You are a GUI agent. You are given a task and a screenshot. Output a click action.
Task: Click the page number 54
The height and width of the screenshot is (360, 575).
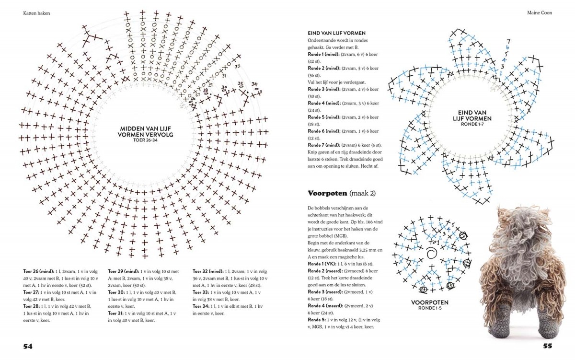pyautogui.click(x=27, y=346)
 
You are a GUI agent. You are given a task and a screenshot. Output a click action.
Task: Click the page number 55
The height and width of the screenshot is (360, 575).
pyautogui.click(x=548, y=346)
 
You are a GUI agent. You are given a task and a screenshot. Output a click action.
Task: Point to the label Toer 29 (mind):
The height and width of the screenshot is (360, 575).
pyautogui.click(x=124, y=270)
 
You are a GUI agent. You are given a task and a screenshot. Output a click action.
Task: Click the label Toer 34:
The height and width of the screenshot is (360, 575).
pyautogui.click(x=201, y=305)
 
